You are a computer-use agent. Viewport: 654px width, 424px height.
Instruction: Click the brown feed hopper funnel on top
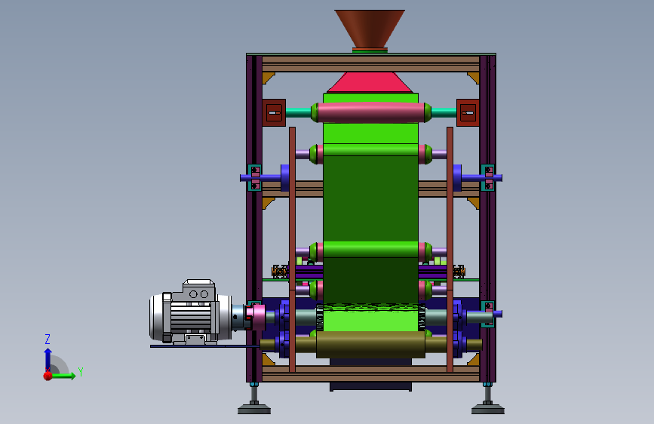(x=370, y=28)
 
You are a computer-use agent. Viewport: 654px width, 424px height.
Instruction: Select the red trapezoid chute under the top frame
(x=370, y=82)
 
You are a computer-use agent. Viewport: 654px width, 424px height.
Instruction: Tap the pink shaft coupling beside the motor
(x=255, y=317)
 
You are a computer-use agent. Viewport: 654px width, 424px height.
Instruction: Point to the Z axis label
(x=48, y=339)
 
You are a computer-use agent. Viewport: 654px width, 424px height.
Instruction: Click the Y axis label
(x=81, y=371)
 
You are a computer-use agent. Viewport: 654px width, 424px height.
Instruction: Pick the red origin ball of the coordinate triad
(x=48, y=376)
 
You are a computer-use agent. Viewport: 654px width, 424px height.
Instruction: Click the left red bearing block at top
(x=274, y=112)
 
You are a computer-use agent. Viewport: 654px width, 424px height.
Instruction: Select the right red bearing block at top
(x=468, y=112)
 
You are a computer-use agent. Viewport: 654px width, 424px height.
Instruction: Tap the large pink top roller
(x=371, y=112)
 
